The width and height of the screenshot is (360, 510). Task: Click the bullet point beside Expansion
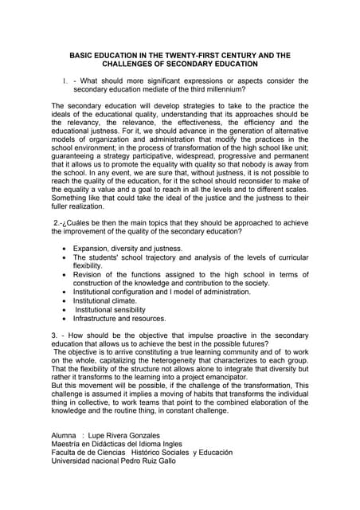click(x=65, y=249)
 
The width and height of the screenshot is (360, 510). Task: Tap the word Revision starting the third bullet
click(x=91, y=275)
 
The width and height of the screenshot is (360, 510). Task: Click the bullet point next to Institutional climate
click(x=65, y=301)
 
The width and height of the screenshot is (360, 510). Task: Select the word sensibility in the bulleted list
click(x=142, y=310)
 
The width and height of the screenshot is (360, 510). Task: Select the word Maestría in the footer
click(x=68, y=444)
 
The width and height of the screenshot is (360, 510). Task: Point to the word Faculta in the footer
click(x=66, y=453)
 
